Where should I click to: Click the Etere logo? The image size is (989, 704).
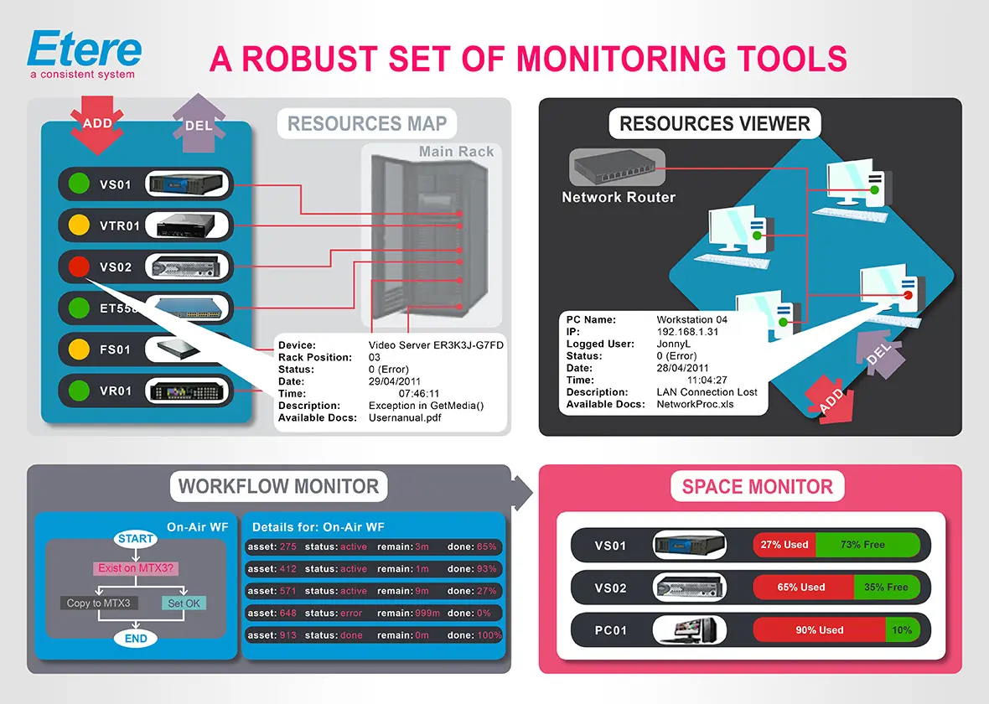coord(83,52)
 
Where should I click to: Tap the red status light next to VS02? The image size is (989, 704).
coord(79,267)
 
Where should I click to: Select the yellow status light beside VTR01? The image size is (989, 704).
coord(79,225)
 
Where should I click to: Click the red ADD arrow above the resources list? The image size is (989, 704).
coord(97,125)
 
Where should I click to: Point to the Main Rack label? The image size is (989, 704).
coord(456,152)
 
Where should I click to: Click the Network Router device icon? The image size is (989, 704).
coord(616,168)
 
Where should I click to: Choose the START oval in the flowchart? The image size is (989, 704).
coord(136,539)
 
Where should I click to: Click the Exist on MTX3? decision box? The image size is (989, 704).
coord(136,568)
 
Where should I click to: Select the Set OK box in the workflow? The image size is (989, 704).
coord(183,603)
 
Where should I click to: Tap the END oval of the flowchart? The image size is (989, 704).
coord(136,639)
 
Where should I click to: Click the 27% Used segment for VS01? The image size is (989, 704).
coord(784,545)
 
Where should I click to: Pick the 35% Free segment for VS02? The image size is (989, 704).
coord(886,588)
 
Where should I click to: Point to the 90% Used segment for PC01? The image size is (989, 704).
coord(819,630)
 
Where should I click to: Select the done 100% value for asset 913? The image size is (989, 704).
coord(474,635)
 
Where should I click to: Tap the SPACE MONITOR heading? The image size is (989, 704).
coord(757,487)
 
